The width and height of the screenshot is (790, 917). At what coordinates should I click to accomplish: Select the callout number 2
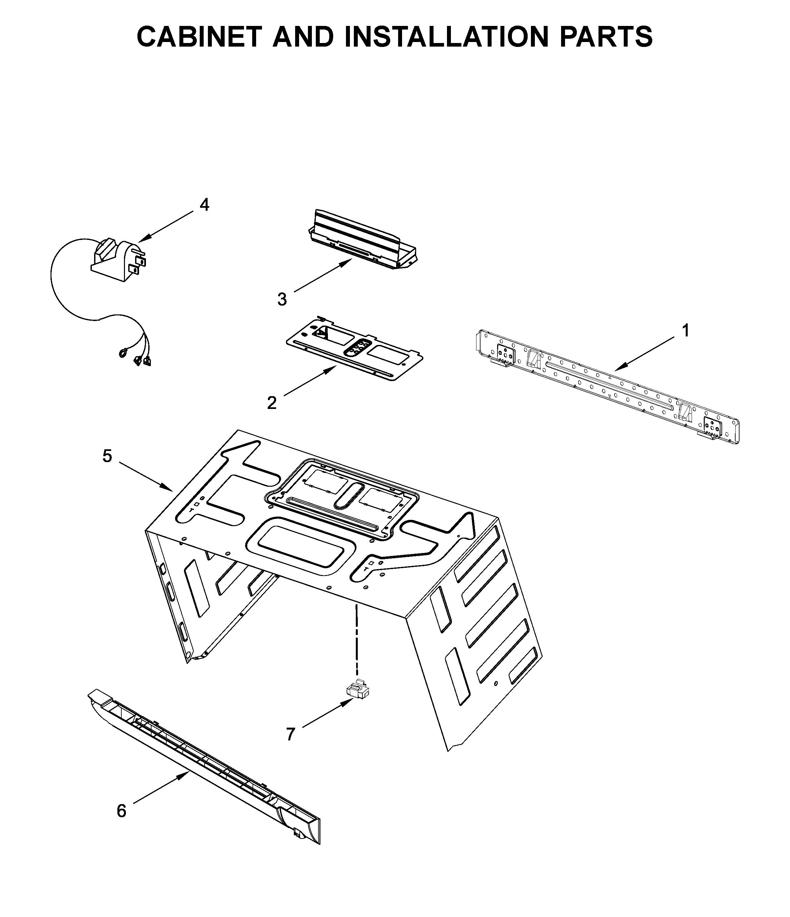pyautogui.click(x=272, y=403)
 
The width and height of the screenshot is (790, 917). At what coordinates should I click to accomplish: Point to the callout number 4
pyautogui.click(x=204, y=205)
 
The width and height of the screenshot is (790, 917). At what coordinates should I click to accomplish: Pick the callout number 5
pyautogui.click(x=108, y=456)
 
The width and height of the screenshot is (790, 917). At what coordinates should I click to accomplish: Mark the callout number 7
pyautogui.click(x=290, y=734)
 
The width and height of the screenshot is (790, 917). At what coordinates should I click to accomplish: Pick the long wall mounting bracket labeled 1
pyautogui.click(x=606, y=385)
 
